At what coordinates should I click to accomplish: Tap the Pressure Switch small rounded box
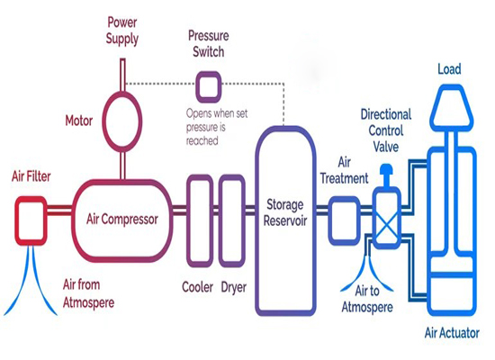click(x=209, y=86)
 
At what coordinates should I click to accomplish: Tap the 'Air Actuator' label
click(x=453, y=333)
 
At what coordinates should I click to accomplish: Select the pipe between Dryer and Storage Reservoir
click(x=250, y=220)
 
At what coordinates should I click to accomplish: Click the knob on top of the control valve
click(x=388, y=171)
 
